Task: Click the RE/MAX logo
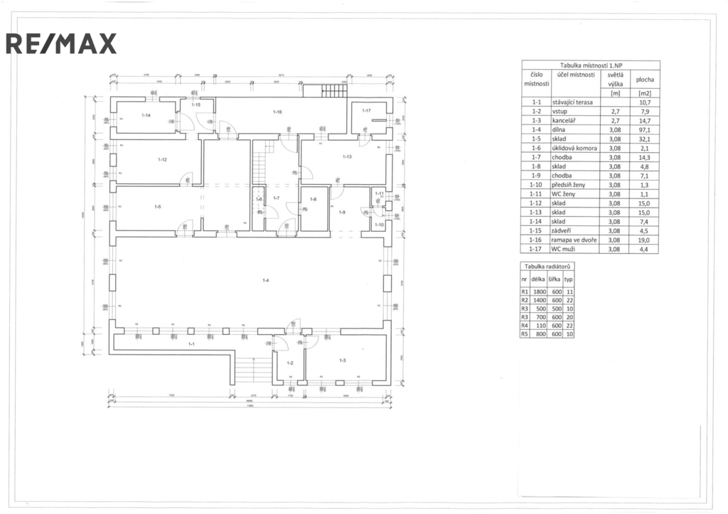(x=61, y=44)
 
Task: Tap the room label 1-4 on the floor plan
(x=265, y=282)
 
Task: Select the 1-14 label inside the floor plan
(x=146, y=114)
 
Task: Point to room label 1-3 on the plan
(x=342, y=361)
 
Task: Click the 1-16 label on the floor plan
(x=278, y=112)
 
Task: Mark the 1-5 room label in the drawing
(x=158, y=206)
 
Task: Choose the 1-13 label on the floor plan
(x=347, y=156)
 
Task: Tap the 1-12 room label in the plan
(x=162, y=159)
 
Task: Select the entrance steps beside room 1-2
(x=249, y=369)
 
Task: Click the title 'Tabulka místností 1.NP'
(x=591, y=65)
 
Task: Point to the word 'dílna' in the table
(x=560, y=129)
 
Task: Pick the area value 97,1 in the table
(x=646, y=129)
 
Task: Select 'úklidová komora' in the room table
(x=574, y=148)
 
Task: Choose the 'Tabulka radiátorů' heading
(x=547, y=266)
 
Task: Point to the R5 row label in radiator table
(x=525, y=334)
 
